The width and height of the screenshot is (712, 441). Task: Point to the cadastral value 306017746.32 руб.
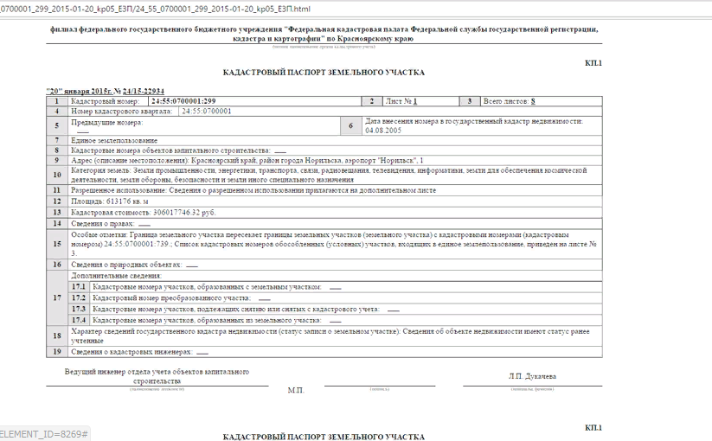(183, 212)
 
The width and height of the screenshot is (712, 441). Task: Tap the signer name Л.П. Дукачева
(532, 376)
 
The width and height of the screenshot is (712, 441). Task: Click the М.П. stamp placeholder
(296, 390)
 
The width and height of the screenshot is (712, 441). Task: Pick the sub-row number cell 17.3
(79, 309)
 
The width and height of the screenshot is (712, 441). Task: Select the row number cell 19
(57, 352)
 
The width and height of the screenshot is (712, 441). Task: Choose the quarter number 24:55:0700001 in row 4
(207, 112)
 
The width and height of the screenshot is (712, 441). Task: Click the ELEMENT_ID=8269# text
(44, 432)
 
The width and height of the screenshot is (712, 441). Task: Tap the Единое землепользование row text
(114, 140)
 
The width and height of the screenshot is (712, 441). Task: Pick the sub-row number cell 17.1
(79, 286)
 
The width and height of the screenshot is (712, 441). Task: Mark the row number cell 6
(351, 125)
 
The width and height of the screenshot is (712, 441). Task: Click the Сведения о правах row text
(104, 223)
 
